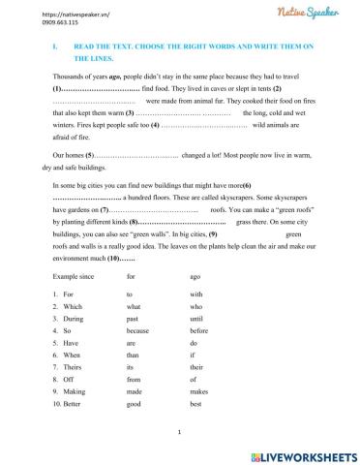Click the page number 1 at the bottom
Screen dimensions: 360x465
point(180,434)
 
